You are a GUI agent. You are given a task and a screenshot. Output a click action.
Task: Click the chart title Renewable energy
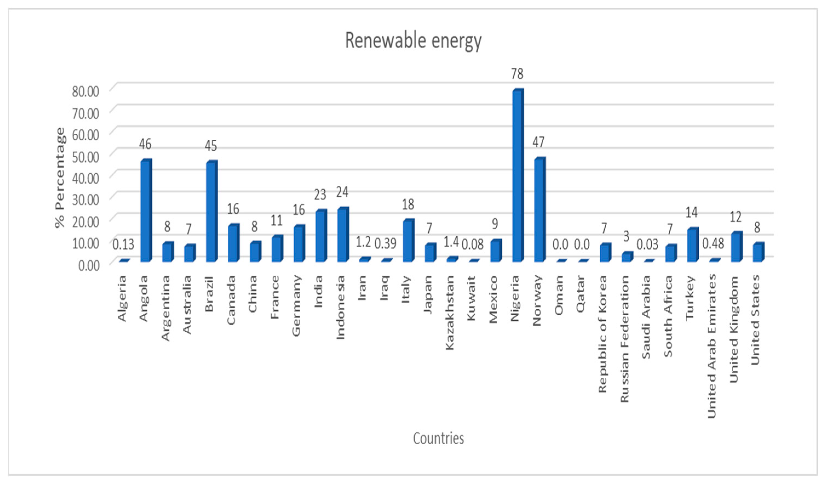(413, 41)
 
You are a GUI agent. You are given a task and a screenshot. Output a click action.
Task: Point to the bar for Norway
(539, 210)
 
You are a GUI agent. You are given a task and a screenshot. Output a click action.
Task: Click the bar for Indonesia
(342, 235)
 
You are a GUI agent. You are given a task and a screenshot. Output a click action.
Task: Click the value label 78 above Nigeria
(517, 74)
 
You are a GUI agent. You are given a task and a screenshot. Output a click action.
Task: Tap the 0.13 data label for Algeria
(123, 244)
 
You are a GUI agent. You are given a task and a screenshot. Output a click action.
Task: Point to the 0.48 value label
(713, 244)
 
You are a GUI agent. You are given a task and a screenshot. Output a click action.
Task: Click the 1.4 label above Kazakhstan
(451, 242)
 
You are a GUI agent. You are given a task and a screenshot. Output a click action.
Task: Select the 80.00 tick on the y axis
(85, 92)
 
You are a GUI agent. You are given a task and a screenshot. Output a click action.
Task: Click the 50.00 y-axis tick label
(85, 157)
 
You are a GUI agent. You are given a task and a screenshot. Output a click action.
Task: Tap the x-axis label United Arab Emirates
(712, 347)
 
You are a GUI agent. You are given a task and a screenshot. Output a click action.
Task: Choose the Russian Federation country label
(625, 339)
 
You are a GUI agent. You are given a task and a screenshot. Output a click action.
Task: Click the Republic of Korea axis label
(603, 334)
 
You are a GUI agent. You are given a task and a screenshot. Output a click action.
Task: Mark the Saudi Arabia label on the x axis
(646, 317)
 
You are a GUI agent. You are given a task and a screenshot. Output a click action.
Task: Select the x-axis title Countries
(438, 439)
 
